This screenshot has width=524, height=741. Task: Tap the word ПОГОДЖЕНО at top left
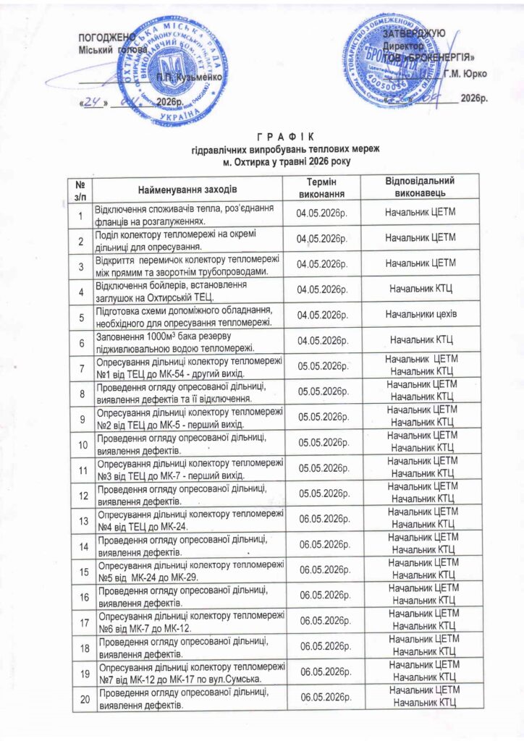(106, 37)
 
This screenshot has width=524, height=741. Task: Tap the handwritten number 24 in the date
(92, 102)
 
